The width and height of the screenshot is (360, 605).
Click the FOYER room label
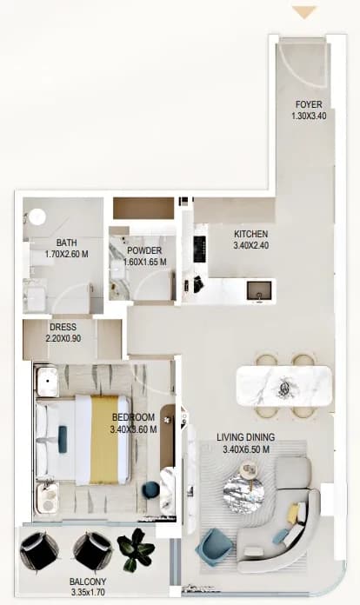309,104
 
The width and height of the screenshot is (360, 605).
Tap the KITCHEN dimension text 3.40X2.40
251,245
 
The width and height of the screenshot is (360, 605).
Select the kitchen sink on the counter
259,290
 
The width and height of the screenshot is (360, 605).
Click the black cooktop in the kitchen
199,249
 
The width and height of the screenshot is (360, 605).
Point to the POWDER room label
144,251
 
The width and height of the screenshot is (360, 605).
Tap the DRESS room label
63,327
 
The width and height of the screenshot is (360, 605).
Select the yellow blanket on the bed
104,440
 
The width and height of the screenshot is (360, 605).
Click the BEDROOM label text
134,417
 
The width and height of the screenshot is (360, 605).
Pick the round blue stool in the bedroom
150,490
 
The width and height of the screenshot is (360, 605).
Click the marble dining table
284,386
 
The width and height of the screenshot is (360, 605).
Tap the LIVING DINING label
246,437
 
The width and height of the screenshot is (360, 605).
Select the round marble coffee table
243,493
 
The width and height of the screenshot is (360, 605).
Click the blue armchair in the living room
213,548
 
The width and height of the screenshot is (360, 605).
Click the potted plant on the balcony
136,549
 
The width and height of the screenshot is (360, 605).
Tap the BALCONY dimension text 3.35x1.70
88,592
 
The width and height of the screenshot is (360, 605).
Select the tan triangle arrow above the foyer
304,12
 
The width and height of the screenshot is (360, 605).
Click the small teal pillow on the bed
62,439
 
